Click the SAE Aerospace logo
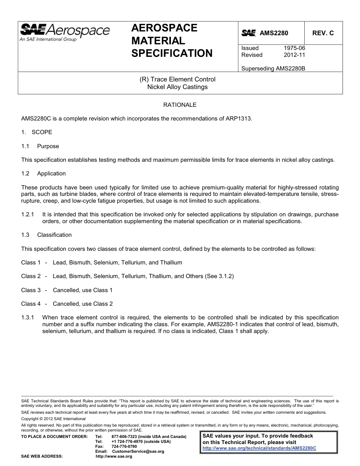[64, 32]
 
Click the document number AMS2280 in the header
[274, 33]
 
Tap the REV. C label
[323, 33]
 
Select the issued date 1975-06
[294, 48]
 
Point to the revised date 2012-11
[294, 55]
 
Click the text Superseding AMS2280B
[273, 69]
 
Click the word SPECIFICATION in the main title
[172, 53]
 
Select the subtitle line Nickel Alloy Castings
[177, 87]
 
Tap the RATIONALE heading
[180, 105]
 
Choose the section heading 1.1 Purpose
[40, 146]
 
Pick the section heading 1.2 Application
[44, 174]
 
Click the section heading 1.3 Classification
[46, 235]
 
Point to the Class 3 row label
[31, 290]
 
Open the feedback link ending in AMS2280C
[259, 448]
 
